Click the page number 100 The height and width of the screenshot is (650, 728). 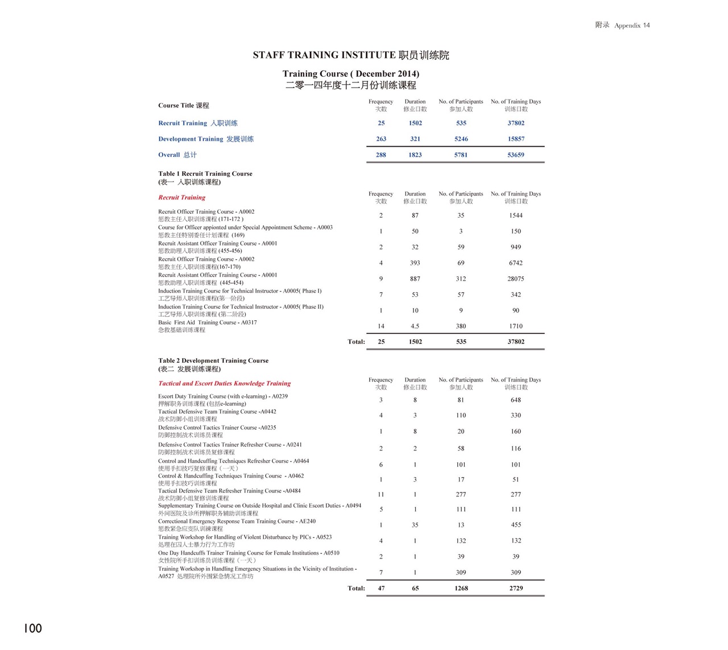[x=33, y=628]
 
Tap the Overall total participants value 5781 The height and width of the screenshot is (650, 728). [x=461, y=155]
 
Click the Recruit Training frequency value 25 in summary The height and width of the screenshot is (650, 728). [x=381, y=123]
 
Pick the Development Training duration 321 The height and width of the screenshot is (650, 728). [x=415, y=139]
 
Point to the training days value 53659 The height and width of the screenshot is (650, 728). [x=516, y=155]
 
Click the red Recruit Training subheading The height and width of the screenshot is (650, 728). [x=182, y=197]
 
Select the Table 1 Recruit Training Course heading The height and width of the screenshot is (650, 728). [x=205, y=173]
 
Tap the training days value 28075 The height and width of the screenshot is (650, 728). [x=516, y=279]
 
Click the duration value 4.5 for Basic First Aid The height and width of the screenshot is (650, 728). [x=415, y=326]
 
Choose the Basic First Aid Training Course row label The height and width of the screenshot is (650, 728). [x=208, y=322]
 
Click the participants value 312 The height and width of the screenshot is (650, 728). [x=461, y=279]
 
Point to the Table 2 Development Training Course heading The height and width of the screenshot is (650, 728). [x=213, y=361]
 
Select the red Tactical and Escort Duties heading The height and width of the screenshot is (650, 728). [x=224, y=383]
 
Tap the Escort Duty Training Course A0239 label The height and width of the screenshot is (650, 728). [x=223, y=396]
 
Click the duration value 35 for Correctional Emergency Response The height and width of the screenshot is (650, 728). [x=415, y=525]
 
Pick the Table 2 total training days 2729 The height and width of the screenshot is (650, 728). [x=516, y=588]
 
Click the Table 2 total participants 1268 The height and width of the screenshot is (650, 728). [x=461, y=588]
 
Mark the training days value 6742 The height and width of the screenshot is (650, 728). [x=516, y=263]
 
